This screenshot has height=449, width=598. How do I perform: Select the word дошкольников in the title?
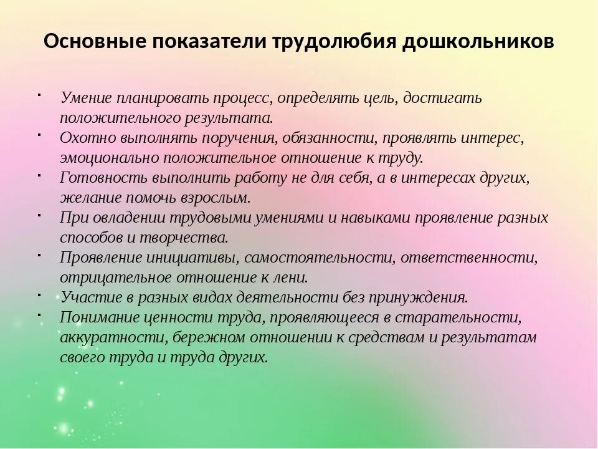[x=478, y=42]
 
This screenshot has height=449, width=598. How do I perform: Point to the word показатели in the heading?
[x=206, y=42]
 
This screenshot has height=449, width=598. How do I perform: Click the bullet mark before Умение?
[x=39, y=95]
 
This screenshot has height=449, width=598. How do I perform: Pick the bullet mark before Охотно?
[x=39, y=134]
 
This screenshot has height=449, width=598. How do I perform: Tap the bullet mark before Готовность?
[x=39, y=174]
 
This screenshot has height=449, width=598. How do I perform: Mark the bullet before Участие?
[x=39, y=293]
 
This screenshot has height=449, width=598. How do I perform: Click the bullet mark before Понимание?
[x=39, y=313]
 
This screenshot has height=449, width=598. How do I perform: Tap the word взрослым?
[x=210, y=198]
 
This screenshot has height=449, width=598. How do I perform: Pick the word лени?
[x=293, y=277]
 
